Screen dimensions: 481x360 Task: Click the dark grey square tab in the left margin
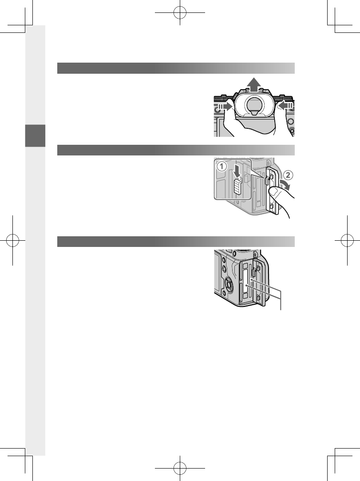click(36, 136)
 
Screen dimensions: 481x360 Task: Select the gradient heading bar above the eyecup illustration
click(176, 68)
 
